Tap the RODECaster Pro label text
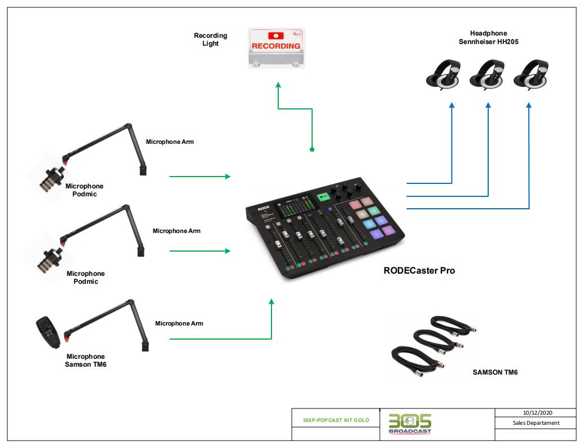coord(419,271)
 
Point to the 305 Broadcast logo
coord(410,424)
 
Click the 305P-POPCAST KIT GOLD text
coord(335,420)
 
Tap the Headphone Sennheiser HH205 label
coord(488,38)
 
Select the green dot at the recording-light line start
coord(312,150)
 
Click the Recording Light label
coord(211,39)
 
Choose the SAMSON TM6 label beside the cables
coord(495,372)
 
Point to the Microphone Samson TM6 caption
coord(85,361)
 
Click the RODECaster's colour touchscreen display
coord(292,212)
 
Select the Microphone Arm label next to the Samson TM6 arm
coord(179,323)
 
